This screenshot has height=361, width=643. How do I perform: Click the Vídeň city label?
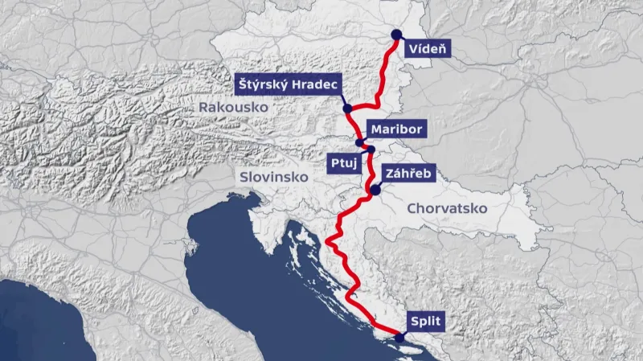[x=427, y=48]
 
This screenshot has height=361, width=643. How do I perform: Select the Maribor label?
[x=395, y=129]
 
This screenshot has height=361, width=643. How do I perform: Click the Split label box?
[x=426, y=322]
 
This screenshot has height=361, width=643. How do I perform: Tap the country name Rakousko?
[x=233, y=107]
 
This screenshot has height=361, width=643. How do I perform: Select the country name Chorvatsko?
[x=448, y=207]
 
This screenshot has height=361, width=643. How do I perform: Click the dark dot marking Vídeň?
[x=395, y=34]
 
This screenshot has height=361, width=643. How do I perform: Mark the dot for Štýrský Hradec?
[x=346, y=109]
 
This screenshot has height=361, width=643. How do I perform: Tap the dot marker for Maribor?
[x=359, y=142]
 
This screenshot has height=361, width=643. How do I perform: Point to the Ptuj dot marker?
[x=371, y=150]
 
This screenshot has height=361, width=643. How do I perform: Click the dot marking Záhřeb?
[x=375, y=190]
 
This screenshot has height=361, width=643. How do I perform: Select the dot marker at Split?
[x=399, y=338]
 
